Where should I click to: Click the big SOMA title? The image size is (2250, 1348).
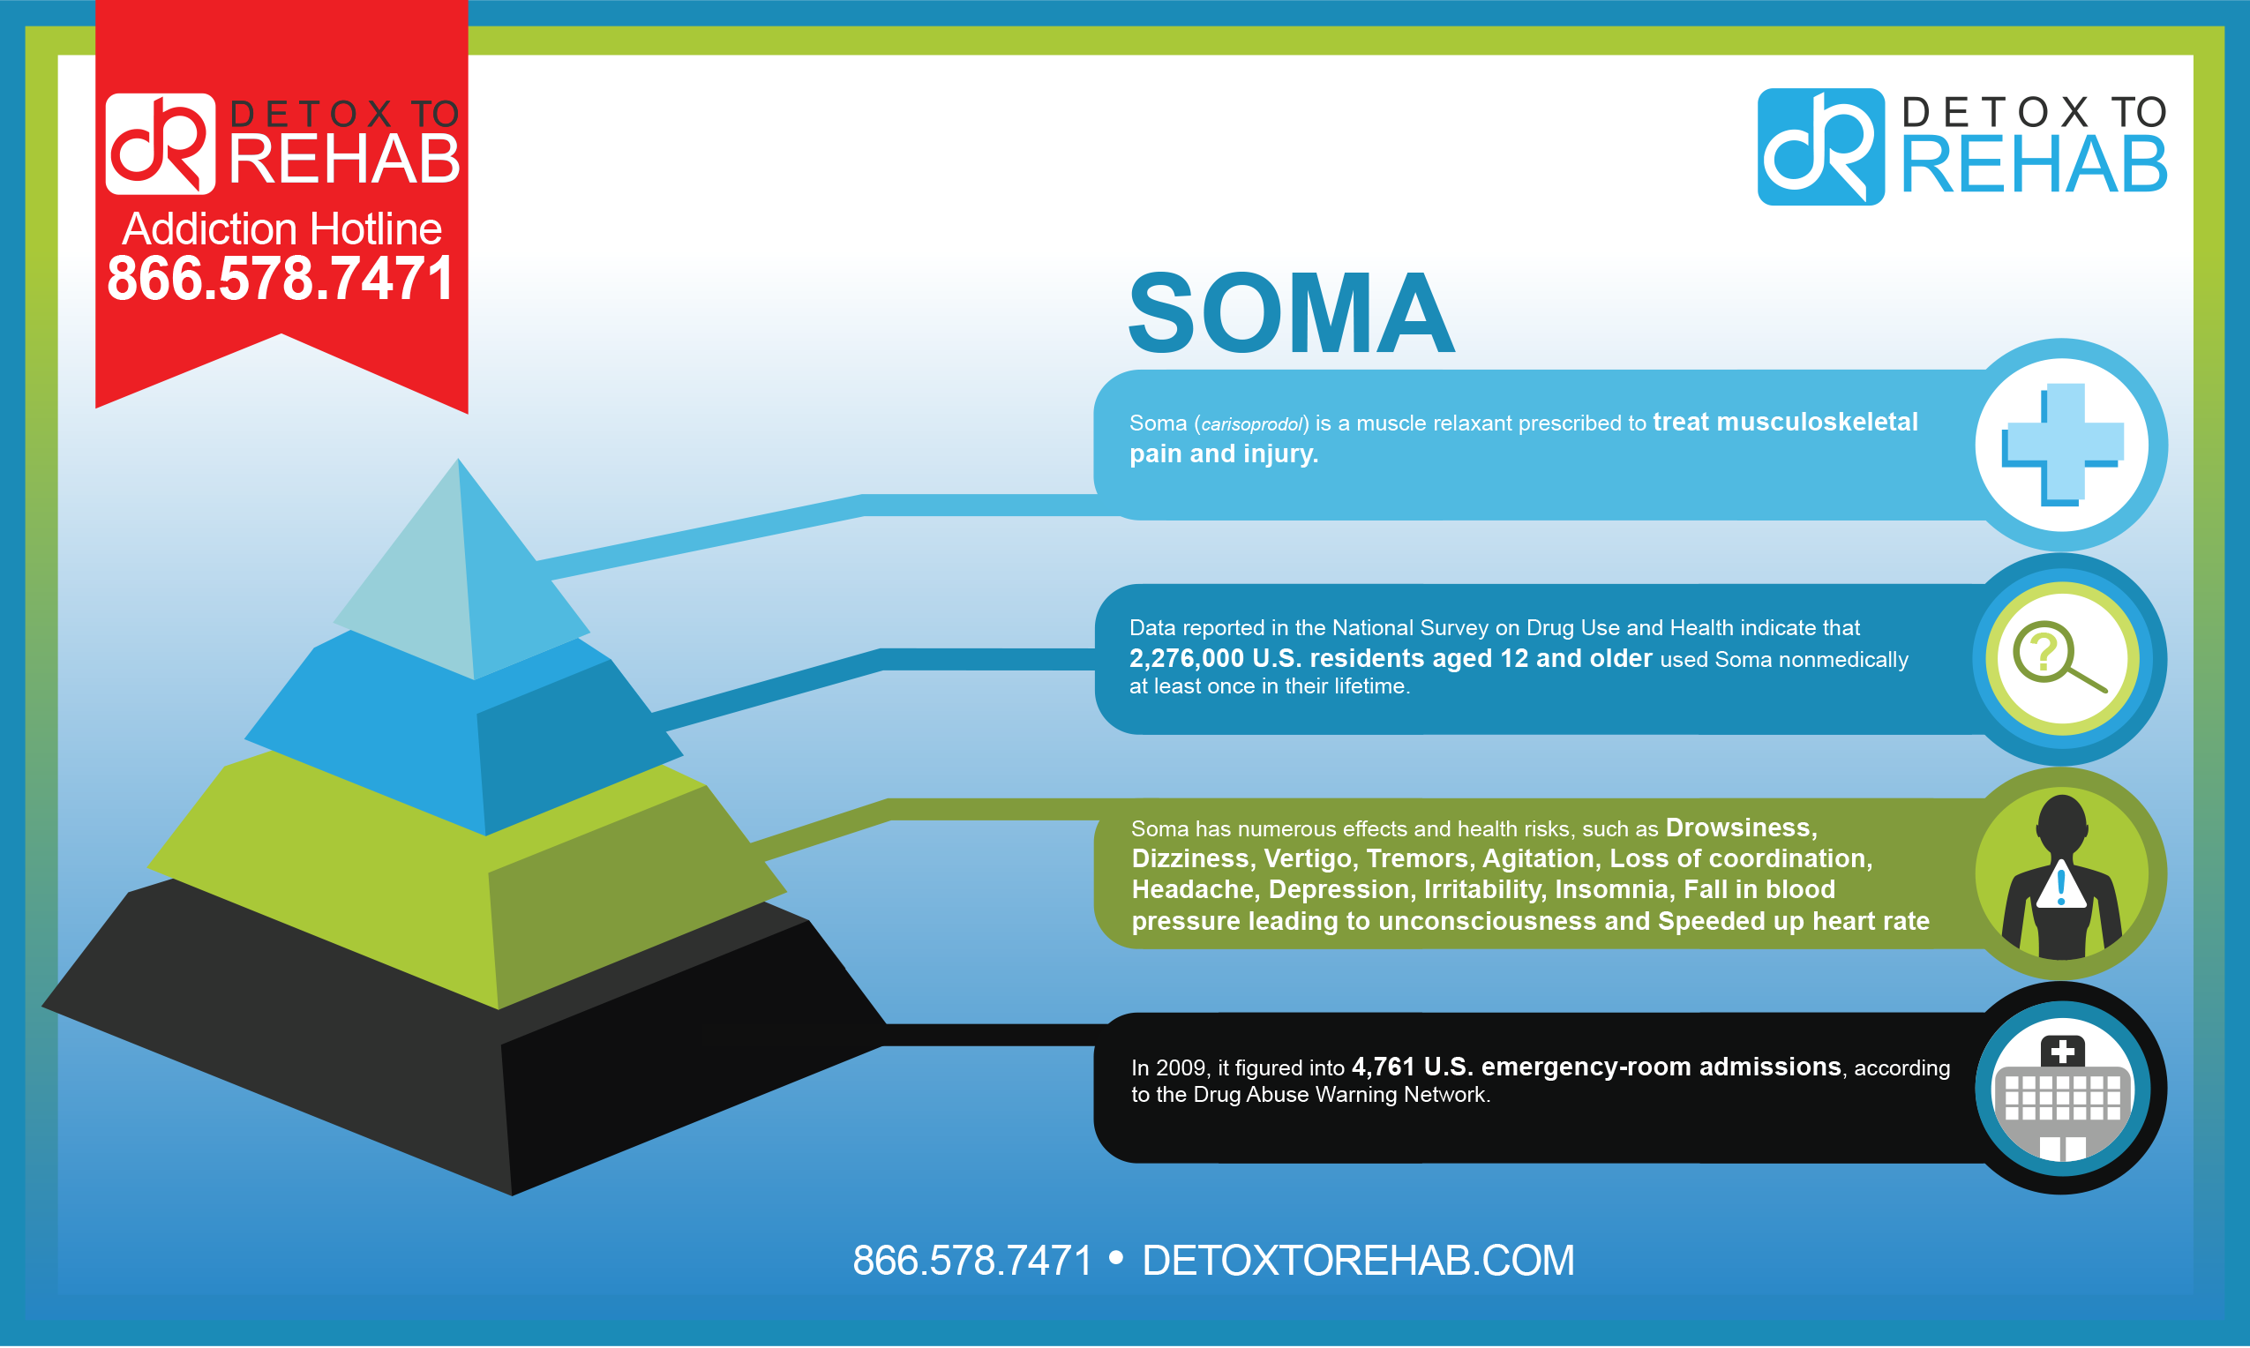(x=1290, y=313)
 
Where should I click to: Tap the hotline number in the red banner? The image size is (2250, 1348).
(x=281, y=278)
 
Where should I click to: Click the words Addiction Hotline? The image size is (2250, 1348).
(x=281, y=228)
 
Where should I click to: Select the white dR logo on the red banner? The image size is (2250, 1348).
(x=160, y=144)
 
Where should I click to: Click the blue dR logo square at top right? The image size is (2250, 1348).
(x=1820, y=146)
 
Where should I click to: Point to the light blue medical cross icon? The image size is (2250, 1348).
(x=2062, y=444)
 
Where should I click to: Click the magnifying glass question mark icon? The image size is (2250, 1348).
(x=2059, y=656)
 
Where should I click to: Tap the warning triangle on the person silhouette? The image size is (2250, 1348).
(x=2060, y=885)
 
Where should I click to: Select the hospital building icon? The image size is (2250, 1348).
(x=2062, y=1098)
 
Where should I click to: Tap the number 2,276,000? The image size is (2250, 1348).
(x=1186, y=658)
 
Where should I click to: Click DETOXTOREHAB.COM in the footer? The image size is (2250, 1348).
(x=1358, y=1260)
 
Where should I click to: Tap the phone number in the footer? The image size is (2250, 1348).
(x=972, y=1260)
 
